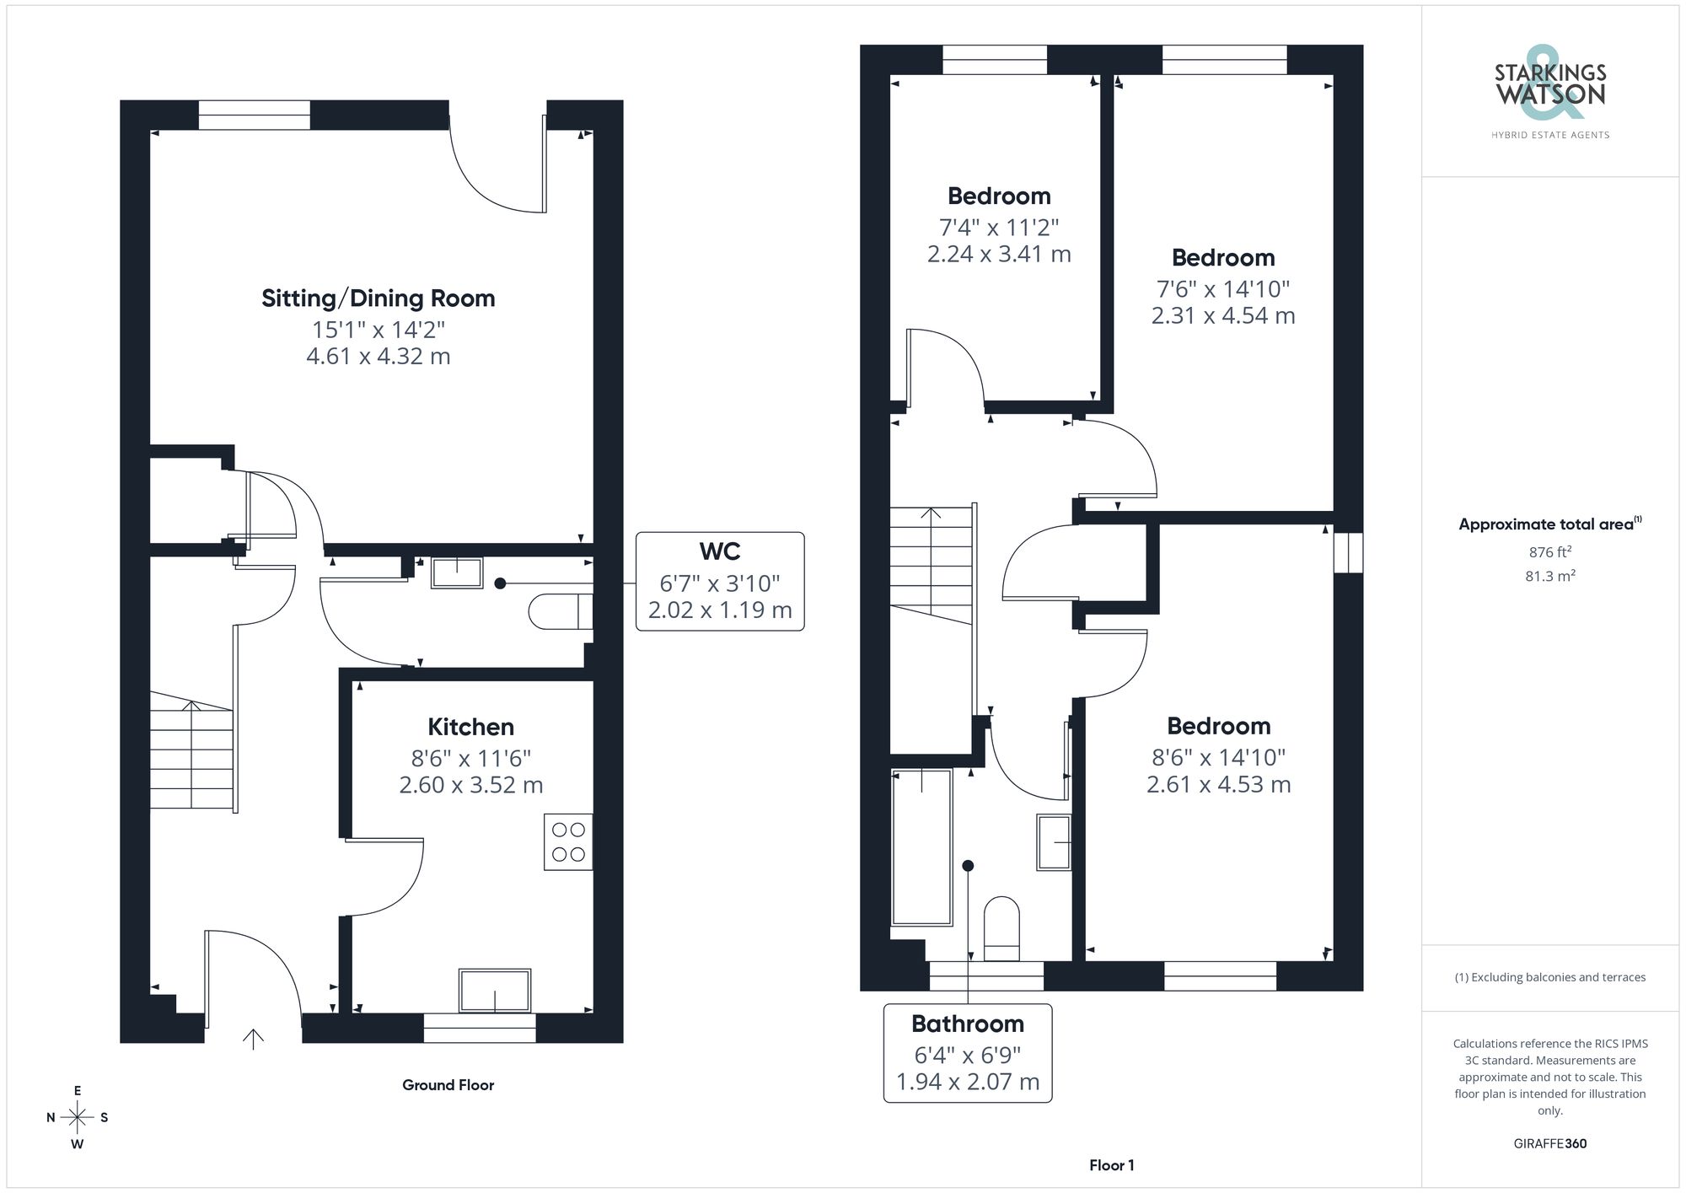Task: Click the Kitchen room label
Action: (x=470, y=727)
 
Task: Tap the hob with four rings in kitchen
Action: (x=568, y=841)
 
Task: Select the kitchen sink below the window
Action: (x=495, y=990)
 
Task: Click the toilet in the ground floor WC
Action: (x=560, y=611)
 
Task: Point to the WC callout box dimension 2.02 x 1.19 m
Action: (x=720, y=610)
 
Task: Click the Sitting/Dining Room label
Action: (x=378, y=298)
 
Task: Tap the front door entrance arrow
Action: (x=253, y=1039)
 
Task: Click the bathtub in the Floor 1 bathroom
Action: (x=922, y=846)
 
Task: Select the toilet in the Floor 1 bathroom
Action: (x=1001, y=928)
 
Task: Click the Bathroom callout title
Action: (x=968, y=1024)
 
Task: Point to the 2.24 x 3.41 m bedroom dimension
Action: (x=999, y=254)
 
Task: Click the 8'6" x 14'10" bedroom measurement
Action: (x=1218, y=757)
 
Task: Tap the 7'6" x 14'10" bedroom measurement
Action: (x=1223, y=289)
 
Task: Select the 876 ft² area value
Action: (x=1549, y=552)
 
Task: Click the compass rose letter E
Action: (x=78, y=1091)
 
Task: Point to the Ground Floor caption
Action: (x=448, y=1085)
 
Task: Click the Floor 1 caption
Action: (x=1111, y=1165)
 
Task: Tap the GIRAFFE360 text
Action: (x=1549, y=1143)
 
